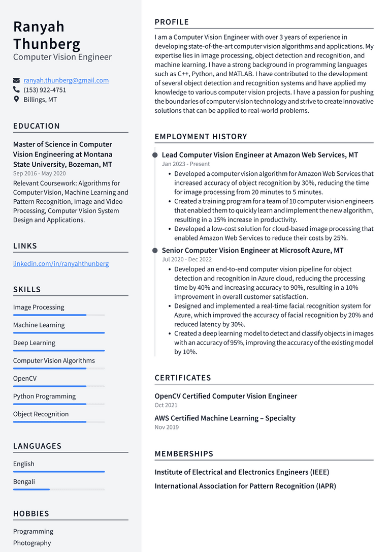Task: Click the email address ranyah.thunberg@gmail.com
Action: coord(66,80)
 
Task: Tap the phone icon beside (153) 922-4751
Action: coord(16,90)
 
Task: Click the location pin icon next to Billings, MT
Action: coord(16,99)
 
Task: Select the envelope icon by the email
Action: coord(16,80)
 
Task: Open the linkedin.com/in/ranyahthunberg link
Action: coord(61,264)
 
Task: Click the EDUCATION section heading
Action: coord(37,126)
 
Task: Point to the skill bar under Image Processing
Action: coord(59,315)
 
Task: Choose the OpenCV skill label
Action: coord(25,379)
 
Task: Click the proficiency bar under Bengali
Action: coord(59,489)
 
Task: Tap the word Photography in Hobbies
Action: coord(32,543)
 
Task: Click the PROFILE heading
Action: coord(172,22)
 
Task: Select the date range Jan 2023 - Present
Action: coord(186,164)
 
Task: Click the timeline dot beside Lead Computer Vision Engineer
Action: coord(155,155)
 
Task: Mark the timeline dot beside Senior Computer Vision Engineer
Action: coord(155,251)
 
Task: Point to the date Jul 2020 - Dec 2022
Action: coord(187,260)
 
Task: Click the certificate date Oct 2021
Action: coord(166,405)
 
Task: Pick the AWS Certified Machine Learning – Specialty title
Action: coord(225,418)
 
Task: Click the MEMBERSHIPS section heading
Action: coord(184,454)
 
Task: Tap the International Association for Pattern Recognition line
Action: coord(245,486)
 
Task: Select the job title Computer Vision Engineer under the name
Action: coord(62,57)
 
